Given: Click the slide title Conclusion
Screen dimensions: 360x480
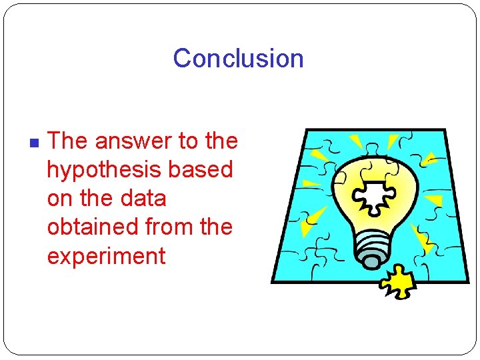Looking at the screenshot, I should [x=238, y=59].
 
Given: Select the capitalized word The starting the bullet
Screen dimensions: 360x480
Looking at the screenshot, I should [x=68, y=141].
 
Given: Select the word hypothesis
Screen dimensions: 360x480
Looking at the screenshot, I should [x=104, y=171].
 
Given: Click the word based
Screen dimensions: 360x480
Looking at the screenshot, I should [x=199, y=170].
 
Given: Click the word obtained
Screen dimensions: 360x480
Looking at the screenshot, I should [x=95, y=227].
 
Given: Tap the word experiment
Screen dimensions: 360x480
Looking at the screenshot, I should [x=106, y=256].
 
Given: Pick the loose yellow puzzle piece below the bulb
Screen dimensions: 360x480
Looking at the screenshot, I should [x=398, y=283].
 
